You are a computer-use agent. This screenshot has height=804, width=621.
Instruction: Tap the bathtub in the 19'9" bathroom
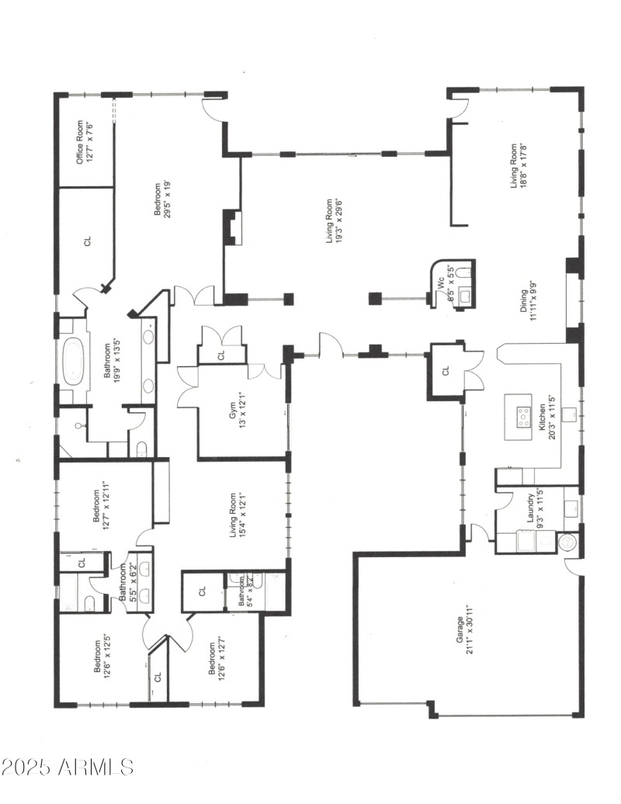tap(75, 361)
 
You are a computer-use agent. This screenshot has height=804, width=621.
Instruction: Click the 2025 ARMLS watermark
tap(68, 768)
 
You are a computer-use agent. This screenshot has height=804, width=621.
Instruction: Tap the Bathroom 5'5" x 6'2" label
tap(126, 584)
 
